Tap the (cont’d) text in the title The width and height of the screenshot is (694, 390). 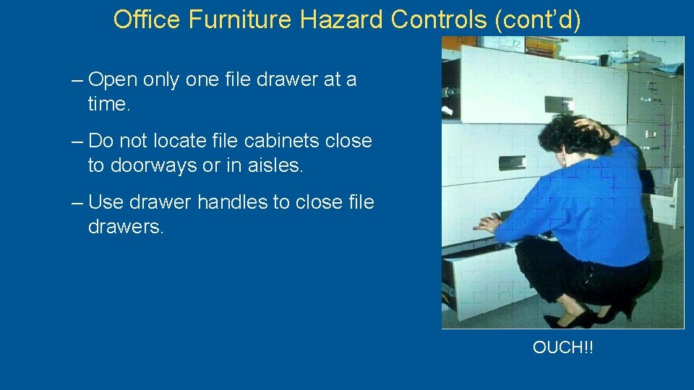538,20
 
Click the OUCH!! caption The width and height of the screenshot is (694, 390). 562,347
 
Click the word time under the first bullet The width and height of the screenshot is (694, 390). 107,104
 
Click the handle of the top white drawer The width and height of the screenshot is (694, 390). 558,104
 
